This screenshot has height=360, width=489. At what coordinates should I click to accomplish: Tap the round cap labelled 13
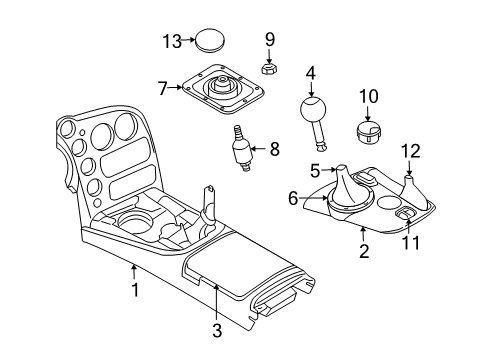click(x=208, y=41)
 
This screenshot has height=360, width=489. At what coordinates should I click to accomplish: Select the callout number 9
click(x=269, y=39)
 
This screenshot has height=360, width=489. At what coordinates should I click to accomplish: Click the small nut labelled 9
click(x=268, y=68)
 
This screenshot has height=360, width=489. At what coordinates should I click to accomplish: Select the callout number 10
click(x=369, y=96)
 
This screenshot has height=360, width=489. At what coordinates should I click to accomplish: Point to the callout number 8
click(x=274, y=150)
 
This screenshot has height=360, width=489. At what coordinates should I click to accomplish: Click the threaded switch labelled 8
click(x=241, y=153)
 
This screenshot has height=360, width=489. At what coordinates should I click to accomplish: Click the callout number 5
click(x=314, y=170)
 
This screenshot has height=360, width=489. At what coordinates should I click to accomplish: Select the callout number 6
click(x=293, y=199)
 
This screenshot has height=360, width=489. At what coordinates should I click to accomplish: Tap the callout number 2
click(x=364, y=252)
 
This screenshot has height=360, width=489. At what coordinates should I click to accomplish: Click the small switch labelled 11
click(x=408, y=214)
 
